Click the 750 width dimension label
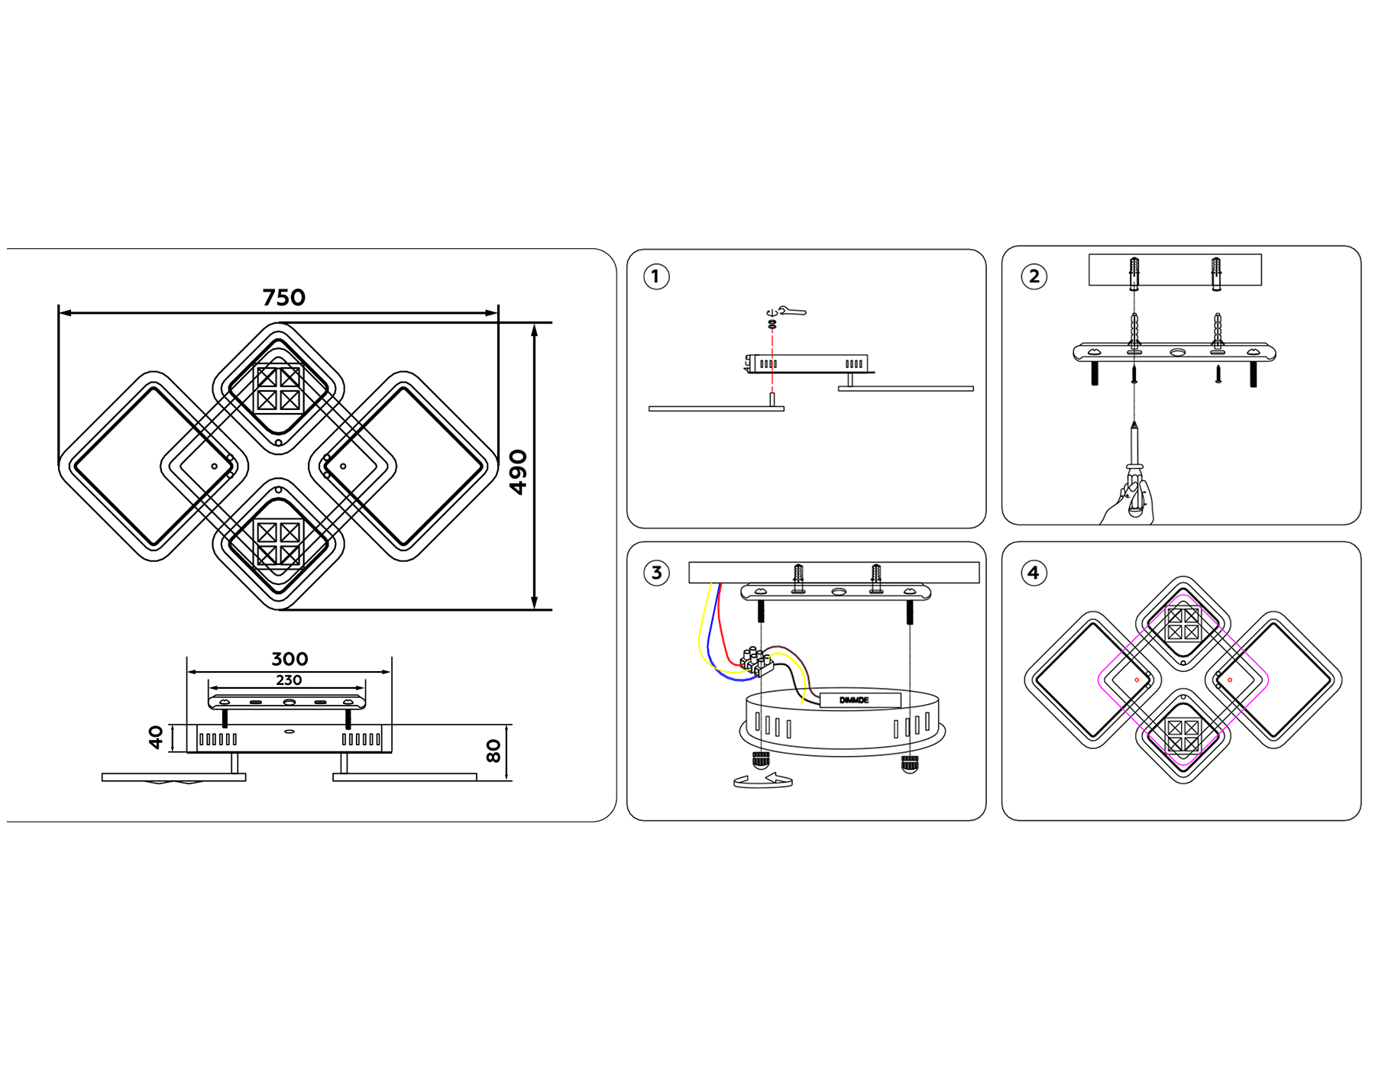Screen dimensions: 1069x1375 click(x=283, y=297)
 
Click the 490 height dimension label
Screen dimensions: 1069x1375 click(x=519, y=472)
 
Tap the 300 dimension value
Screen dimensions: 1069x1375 click(x=290, y=659)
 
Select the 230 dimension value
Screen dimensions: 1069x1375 click(x=289, y=680)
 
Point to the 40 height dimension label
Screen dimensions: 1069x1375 click(x=156, y=737)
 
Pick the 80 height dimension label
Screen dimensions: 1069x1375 click(x=493, y=751)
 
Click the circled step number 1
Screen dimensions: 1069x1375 click(x=655, y=276)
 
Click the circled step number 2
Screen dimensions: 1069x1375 click(x=1034, y=276)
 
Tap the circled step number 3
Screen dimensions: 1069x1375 click(x=655, y=573)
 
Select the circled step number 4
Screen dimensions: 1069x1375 click(x=1033, y=573)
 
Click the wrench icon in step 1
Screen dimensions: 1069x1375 click(x=792, y=311)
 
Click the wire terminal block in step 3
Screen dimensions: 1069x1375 click(x=756, y=661)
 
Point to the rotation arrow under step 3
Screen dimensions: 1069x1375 click(x=762, y=780)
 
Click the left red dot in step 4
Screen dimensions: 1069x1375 click(x=1137, y=680)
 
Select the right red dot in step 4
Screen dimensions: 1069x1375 click(x=1230, y=680)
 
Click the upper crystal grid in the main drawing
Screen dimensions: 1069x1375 click(x=278, y=389)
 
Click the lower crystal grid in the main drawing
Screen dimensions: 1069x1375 click(x=278, y=544)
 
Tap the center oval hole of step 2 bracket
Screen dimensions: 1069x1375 click(x=1177, y=353)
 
